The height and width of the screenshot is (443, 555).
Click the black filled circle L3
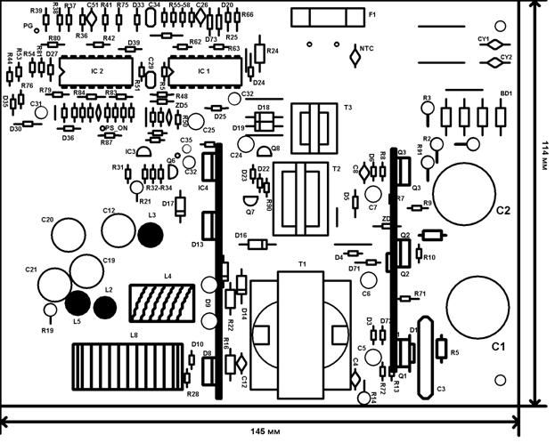(x=151, y=235)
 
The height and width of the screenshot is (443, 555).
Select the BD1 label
(x=506, y=93)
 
